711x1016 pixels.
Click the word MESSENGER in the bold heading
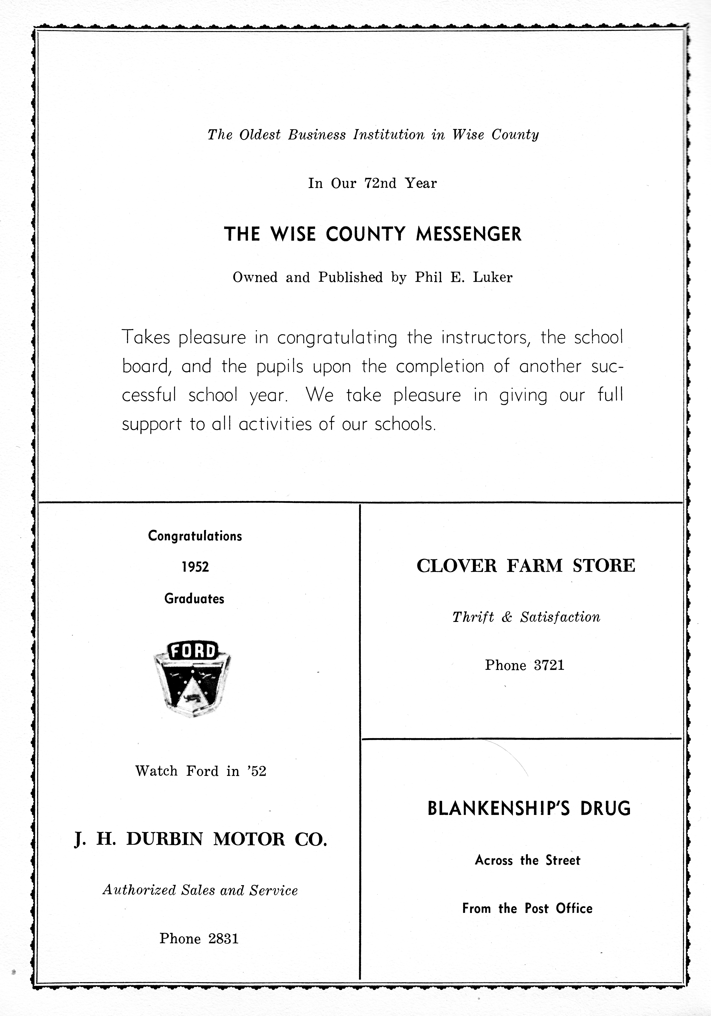[x=469, y=234]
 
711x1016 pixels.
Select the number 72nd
[x=380, y=183]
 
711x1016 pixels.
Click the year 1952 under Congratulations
[x=195, y=567]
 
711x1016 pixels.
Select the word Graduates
[x=195, y=599]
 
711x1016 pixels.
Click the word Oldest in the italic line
[x=260, y=135]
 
